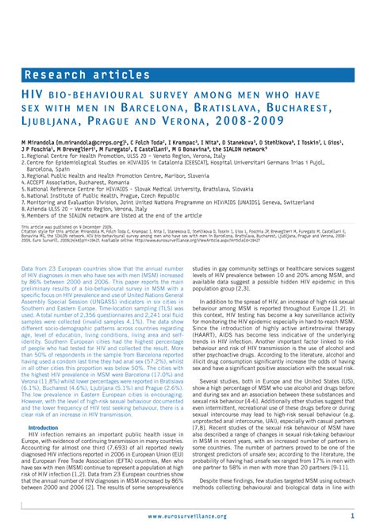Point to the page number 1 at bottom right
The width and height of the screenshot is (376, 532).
351,515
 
